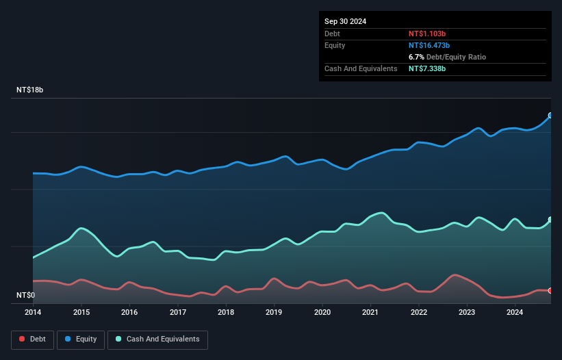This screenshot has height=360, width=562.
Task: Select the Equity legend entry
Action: [80, 339]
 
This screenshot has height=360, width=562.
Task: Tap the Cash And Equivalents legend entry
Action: [157, 339]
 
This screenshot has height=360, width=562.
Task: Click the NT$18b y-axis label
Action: [31, 90]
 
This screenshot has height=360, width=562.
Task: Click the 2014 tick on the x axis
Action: [33, 312]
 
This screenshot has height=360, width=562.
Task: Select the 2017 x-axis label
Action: [178, 312]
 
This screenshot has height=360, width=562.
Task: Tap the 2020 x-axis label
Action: [322, 312]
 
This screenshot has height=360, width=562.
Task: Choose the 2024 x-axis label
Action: [515, 312]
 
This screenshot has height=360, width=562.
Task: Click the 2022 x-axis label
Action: [419, 312]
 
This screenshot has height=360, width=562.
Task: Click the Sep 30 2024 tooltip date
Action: [346, 21]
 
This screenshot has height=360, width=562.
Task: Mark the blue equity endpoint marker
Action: [550, 116]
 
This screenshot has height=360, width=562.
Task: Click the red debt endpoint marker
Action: [550, 291]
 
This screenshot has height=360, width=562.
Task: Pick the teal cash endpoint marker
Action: [550, 220]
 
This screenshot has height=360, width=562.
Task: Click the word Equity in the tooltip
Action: [335, 45]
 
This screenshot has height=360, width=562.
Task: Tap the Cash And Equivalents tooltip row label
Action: [361, 69]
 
